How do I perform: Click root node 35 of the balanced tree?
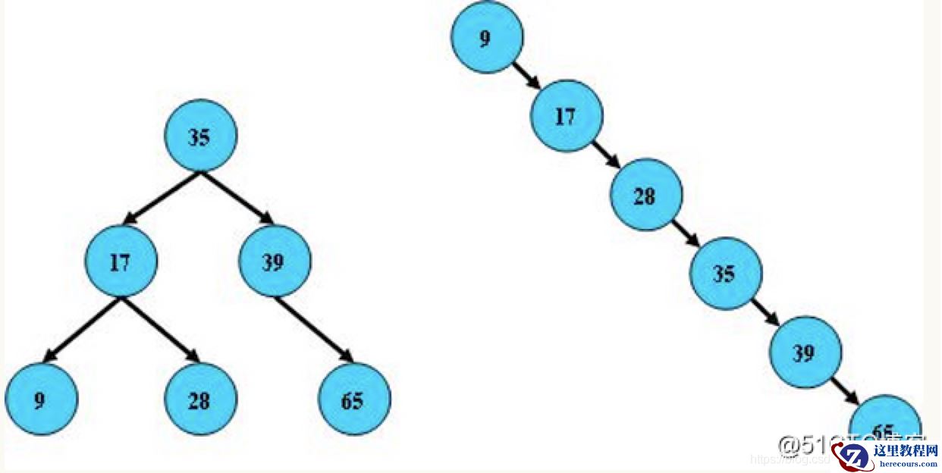coord(201,136)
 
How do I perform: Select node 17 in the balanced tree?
coord(121,262)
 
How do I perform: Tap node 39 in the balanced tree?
coord(274,262)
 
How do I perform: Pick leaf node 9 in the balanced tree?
coord(41,399)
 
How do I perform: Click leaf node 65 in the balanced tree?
coord(354,399)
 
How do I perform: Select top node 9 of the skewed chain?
coord(487,38)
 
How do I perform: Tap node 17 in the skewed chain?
coord(567,117)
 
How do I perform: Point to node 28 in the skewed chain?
coord(646,195)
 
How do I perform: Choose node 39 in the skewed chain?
coord(805,352)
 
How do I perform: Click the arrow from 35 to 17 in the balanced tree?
coord(161,199)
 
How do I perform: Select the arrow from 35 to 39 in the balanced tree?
coord(237,199)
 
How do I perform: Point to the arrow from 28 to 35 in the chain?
coord(686,233)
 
